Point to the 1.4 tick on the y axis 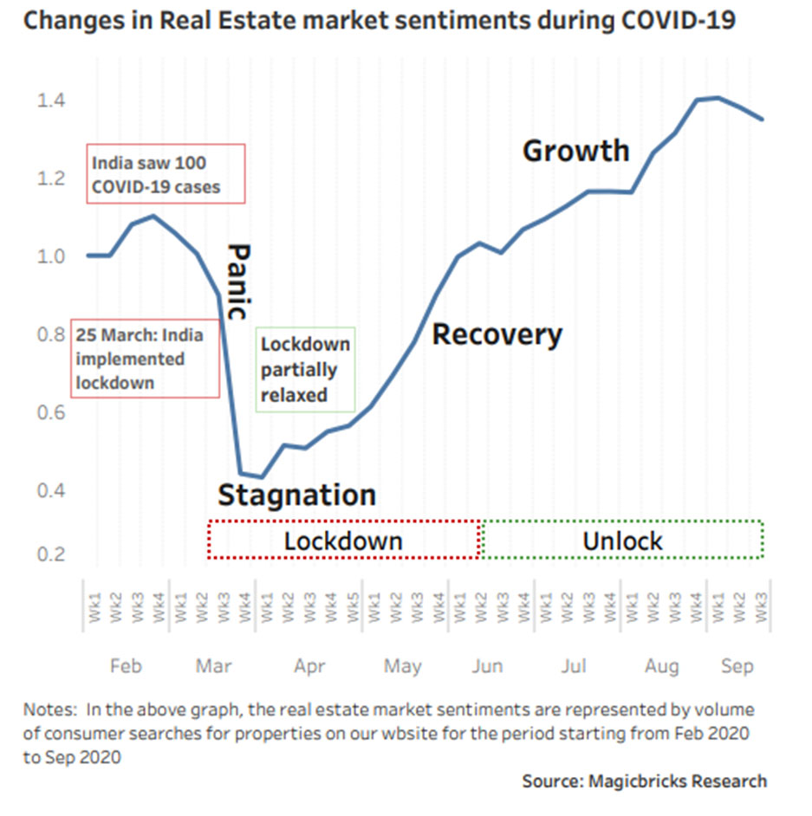[x=50, y=101]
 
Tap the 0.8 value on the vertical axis [x=50, y=334]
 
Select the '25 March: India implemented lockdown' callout [x=146, y=359]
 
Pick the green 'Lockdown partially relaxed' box [x=306, y=369]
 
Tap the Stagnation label [x=296, y=495]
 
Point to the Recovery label [x=497, y=334]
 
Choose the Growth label [x=575, y=151]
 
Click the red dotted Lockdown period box [x=344, y=541]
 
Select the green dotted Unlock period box [x=622, y=541]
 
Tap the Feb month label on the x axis [x=126, y=666]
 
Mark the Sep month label [x=737, y=666]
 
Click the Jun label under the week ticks [x=487, y=666]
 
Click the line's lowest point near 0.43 [x=262, y=476]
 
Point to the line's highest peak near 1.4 [x=718, y=97]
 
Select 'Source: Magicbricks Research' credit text [x=644, y=781]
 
